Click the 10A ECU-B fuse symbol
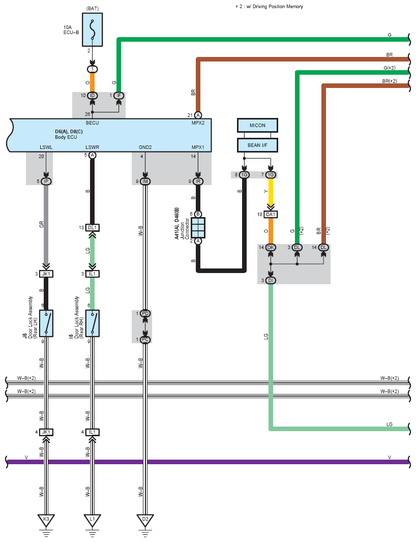[93, 29]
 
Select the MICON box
[257, 126]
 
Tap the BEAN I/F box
[257, 145]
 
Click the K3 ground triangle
[46, 520]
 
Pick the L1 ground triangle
[93, 520]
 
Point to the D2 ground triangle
[145, 520]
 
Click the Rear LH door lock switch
[46, 323]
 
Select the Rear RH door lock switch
[93, 323]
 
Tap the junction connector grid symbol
[198, 228]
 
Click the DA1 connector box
[271, 215]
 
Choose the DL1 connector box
[93, 228]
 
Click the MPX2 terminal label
[198, 123]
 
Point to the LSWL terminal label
[46, 147]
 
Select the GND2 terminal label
[145, 147]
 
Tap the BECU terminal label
[93, 123]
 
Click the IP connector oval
[46, 182]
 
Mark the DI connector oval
[271, 280]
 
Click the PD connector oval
[145, 314]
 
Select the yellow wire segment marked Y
[271, 192]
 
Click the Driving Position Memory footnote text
[270, 7]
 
